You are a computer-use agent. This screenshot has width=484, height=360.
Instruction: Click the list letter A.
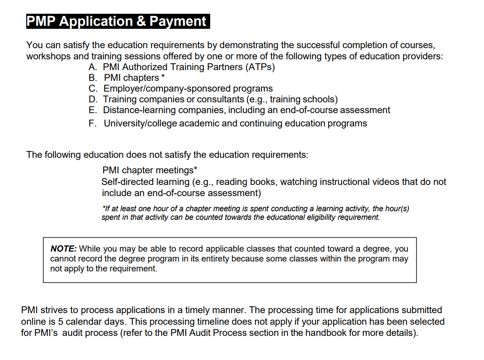(x=92, y=67)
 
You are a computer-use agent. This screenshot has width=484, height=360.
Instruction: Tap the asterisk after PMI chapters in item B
(x=163, y=77)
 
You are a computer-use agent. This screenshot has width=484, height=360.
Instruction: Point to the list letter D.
(x=92, y=99)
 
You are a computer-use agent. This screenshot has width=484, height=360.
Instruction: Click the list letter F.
(x=92, y=123)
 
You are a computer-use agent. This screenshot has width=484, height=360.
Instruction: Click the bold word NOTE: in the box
(x=64, y=249)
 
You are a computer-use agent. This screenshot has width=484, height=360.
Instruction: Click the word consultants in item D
(x=221, y=99)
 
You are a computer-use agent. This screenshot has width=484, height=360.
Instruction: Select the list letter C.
(x=92, y=89)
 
